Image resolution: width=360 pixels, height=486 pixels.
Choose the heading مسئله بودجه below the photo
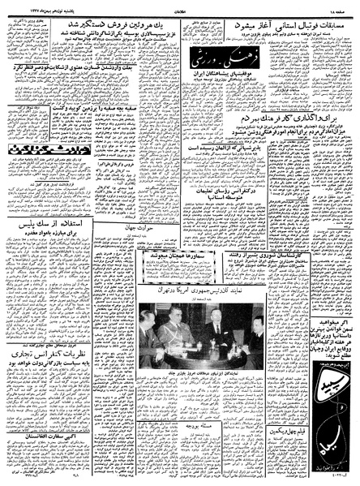(x=207, y=382)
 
